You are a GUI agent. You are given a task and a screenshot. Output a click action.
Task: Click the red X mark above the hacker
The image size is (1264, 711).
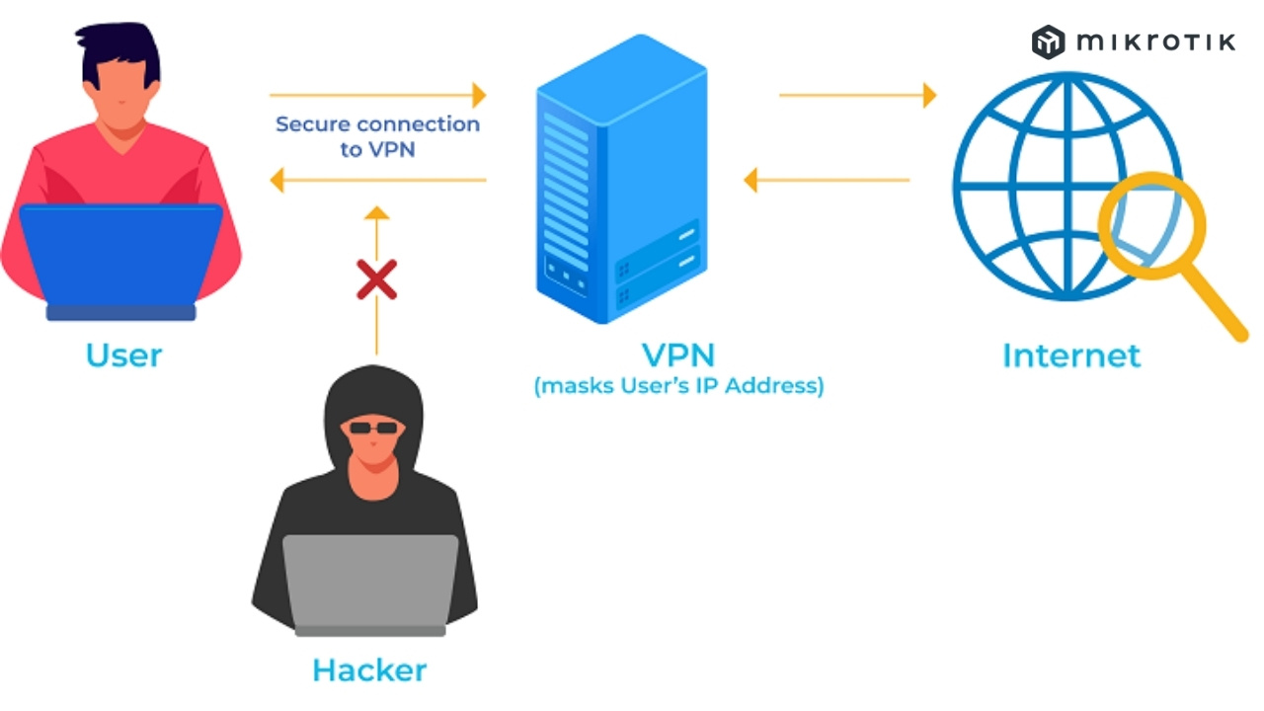[x=376, y=279]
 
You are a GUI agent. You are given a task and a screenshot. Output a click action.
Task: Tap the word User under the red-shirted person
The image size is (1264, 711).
[x=123, y=355]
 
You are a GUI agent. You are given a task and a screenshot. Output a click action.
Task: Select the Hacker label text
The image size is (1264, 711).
[x=369, y=671]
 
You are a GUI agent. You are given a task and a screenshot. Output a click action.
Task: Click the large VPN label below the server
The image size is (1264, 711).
[x=678, y=355]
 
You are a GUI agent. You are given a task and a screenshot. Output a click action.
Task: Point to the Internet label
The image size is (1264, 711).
[x=1071, y=355]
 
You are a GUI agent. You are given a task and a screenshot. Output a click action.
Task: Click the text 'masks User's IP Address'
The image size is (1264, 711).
[x=678, y=386]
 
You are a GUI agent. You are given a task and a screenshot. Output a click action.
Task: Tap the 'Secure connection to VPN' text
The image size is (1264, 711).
[x=377, y=137]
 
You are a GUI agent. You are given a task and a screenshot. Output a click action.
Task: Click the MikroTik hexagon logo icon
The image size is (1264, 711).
[x=1048, y=42]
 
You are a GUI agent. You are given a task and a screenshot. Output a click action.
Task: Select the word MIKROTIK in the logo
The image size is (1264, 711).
[x=1155, y=42]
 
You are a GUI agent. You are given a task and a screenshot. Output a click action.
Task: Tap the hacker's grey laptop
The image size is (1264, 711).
[x=370, y=583]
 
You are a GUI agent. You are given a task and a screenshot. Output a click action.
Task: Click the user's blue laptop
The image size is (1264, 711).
[x=120, y=259]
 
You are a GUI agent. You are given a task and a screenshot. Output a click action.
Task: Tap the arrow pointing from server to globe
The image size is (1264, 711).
[x=857, y=96]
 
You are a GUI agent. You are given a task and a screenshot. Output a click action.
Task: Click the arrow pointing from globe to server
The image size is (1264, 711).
[x=826, y=180]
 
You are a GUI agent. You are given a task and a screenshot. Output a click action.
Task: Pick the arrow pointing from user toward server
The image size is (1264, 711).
[x=378, y=96]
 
